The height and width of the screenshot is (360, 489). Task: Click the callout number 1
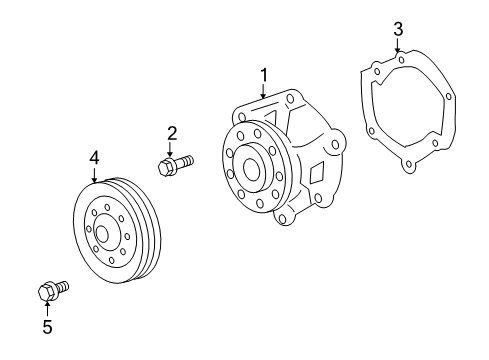click(264, 75)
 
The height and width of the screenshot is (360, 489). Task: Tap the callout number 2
click(172, 134)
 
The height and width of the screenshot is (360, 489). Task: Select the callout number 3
click(398, 29)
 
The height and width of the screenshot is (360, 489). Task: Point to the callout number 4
click(95, 158)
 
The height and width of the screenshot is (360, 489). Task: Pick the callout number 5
click(47, 327)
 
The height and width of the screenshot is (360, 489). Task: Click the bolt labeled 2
click(176, 165)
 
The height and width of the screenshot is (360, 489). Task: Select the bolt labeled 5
click(53, 290)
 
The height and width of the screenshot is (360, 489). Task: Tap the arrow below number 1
click(264, 91)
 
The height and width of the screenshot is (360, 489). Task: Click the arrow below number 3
click(397, 45)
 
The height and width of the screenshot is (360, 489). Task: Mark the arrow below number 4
click(95, 175)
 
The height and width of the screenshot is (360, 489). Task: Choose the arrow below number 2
click(170, 149)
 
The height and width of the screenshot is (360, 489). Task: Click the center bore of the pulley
click(102, 234)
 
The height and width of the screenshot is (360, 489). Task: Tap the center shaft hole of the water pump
click(251, 169)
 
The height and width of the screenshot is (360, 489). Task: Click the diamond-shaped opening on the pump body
click(317, 173)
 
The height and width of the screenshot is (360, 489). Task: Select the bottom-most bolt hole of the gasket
click(410, 164)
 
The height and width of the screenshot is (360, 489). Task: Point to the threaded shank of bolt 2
click(184, 162)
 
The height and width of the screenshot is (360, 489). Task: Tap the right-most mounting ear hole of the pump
click(335, 145)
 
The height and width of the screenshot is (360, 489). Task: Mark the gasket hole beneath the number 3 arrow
click(401, 60)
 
